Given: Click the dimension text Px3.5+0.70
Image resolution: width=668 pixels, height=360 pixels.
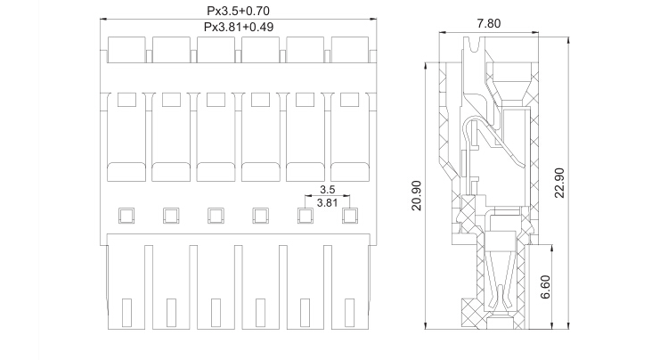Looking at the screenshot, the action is point(238,10).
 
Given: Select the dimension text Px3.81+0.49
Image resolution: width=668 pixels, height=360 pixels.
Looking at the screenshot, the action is point(239,27).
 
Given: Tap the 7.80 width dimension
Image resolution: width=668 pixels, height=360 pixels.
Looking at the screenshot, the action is point(489,23).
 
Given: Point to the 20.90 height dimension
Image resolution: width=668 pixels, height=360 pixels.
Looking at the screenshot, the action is point(416,195).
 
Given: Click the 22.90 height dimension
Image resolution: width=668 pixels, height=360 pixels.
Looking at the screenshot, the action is point(559,183).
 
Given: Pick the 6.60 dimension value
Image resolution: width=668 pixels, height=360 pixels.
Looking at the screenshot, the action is point(545,287).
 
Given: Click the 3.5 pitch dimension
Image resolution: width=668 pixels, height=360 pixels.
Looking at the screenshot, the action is point(327,189).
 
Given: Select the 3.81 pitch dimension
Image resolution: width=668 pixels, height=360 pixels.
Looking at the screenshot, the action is point(327,202).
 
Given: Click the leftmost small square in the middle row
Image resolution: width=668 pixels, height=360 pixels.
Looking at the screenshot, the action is point(126,216).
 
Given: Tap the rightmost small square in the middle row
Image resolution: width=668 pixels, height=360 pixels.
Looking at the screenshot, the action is point(350,216).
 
